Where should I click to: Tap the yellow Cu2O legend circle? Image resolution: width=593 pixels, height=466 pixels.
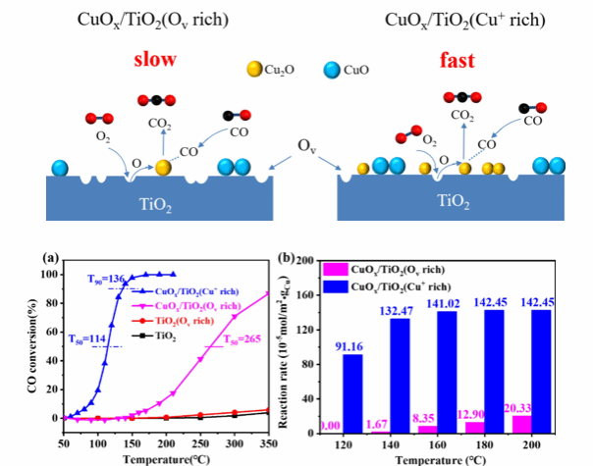pyautogui.click(x=254, y=70)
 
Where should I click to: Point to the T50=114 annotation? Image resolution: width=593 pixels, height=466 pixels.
pyautogui.click(x=87, y=339)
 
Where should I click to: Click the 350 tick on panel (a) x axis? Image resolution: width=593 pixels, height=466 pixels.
pyautogui.click(x=265, y=443)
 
